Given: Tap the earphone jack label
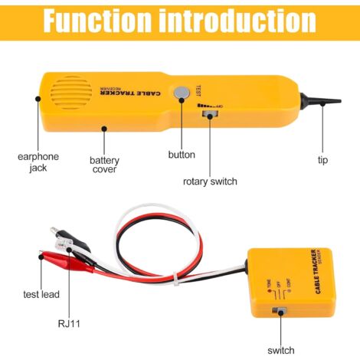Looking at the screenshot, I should [38, 162].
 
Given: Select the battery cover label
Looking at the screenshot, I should [103, 164].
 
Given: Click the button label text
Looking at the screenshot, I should [182, 155].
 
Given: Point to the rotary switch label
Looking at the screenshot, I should [210, 182].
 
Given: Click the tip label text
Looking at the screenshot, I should [322, 160].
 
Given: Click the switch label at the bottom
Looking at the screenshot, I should [281, 349].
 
